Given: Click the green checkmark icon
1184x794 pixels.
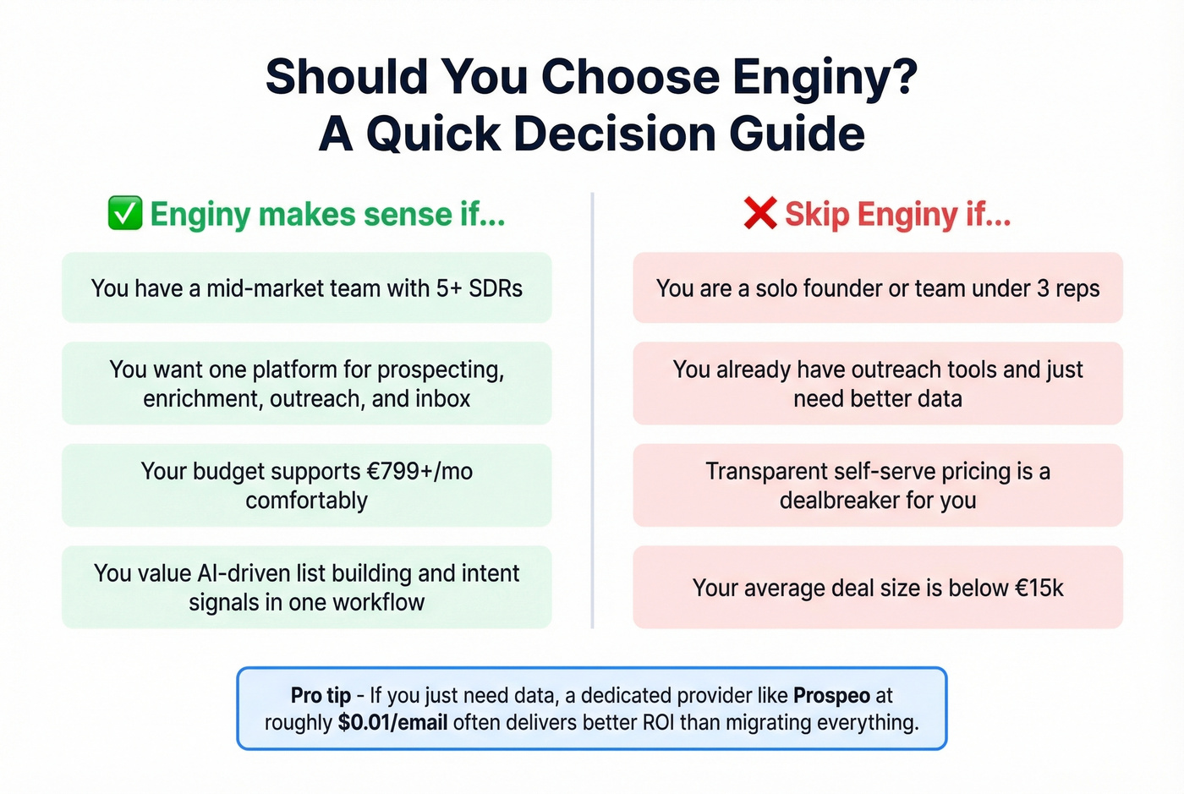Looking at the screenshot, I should coord(125,214).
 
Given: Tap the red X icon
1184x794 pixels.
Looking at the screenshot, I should coord(760,213).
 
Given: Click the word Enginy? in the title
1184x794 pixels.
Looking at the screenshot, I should coord(825,77).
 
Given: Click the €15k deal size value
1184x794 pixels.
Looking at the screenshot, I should coord(1039,588).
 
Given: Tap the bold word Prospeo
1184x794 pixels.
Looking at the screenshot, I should coord(831,696).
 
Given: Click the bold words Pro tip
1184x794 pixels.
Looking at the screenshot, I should coord(321,696).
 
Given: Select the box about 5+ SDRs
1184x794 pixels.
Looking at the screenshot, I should coord(306,288).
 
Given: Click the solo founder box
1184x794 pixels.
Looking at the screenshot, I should coord(877,288).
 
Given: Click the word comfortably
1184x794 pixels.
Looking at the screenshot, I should coord(306,501).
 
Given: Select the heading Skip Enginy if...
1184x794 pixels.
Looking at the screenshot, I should coord(897,215).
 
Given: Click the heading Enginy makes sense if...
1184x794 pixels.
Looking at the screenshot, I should coord(327,215).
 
